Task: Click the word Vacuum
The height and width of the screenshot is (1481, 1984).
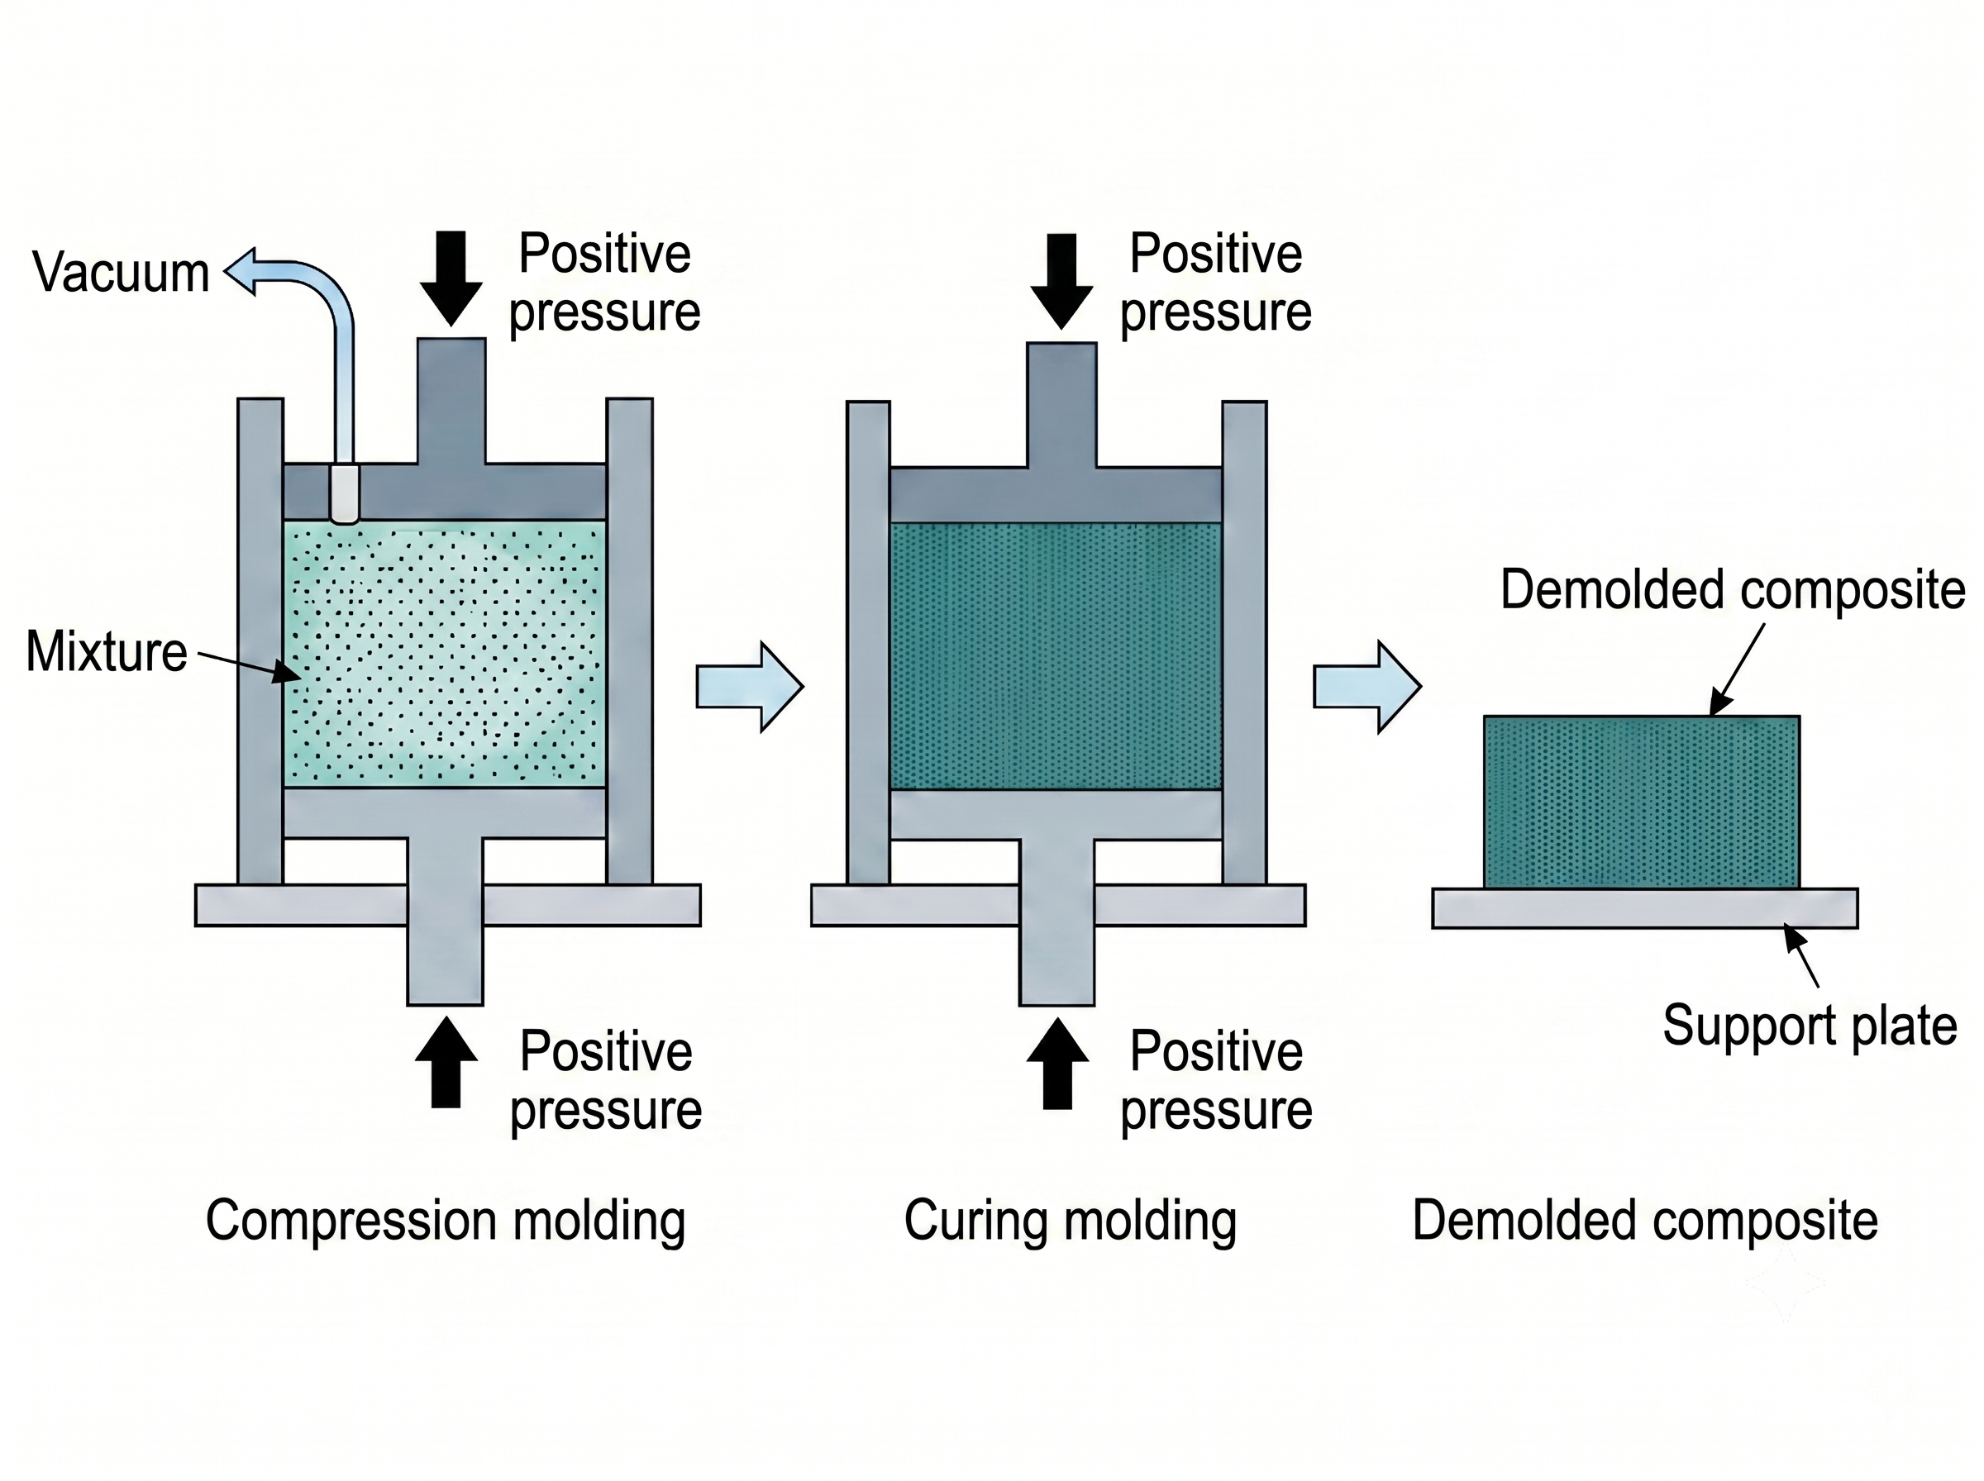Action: click(121, 272)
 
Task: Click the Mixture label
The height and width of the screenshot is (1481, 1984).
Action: click(107, 651)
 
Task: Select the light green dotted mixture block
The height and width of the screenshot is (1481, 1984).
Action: click(445, 655)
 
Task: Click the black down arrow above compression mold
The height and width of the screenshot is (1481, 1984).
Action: click(451, 278)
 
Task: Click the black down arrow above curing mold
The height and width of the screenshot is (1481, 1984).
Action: click(1061, 282)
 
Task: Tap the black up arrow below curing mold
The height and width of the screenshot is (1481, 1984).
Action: click(1058, 1064)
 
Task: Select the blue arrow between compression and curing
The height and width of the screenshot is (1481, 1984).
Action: click(750, 687)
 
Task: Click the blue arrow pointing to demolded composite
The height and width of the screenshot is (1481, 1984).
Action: click(1367, 688)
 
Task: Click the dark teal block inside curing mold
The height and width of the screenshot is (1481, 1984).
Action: click(1056, 656)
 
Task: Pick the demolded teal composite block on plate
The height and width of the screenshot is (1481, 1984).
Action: click(1642, 802)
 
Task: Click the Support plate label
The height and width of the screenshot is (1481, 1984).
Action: click(1810, 1025)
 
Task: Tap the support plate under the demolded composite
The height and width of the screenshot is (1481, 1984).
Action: click(1645, 908)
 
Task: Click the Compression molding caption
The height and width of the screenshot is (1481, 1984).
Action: click(446, 1221)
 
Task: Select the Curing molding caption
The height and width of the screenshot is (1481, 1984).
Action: click(1071, 1221)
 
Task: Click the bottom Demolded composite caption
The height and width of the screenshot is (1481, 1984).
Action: click(1645, 1221)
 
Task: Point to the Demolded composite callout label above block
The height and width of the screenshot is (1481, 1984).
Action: click(1733, 590)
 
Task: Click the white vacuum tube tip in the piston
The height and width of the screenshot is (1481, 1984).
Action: click(344, 493)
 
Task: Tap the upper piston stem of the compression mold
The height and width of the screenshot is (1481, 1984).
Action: click(452, 401)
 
